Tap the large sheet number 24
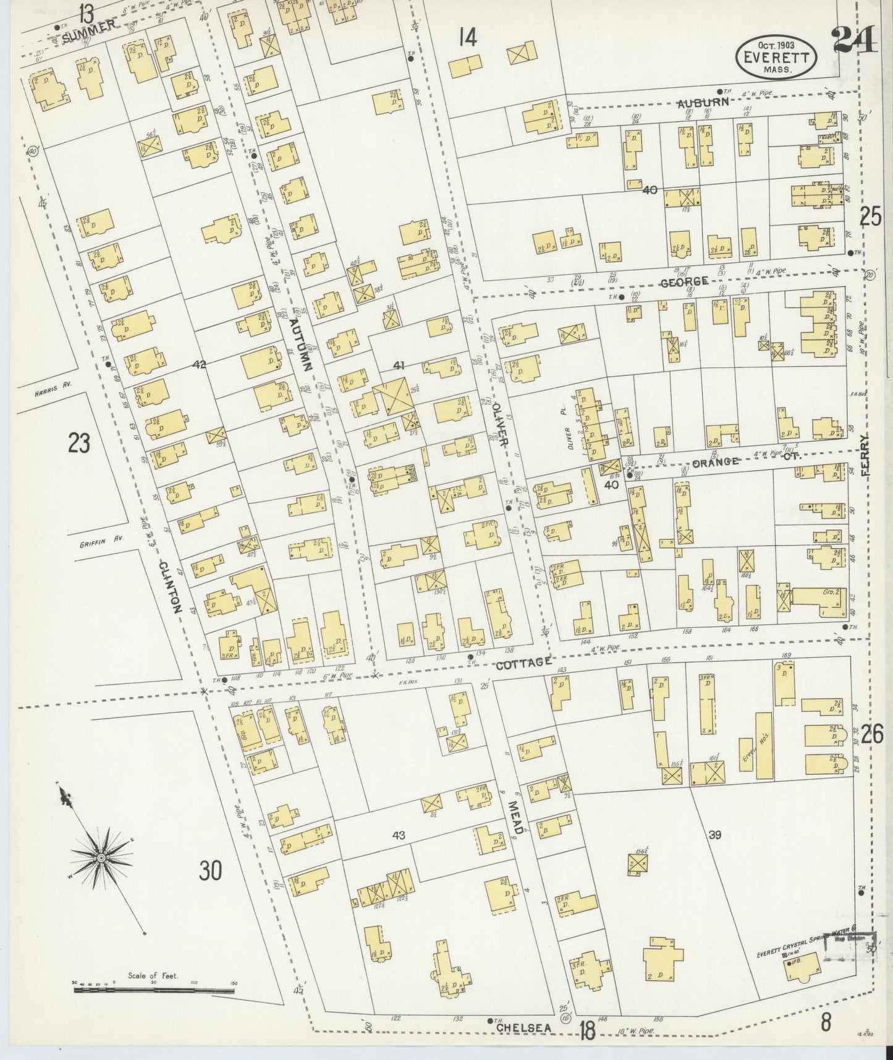click(855, 42)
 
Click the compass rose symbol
click(100, 858)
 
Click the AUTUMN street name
click(302, 343)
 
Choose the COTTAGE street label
click(524, 662)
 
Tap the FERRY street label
click(863, 455)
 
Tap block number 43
click(398, 836)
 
